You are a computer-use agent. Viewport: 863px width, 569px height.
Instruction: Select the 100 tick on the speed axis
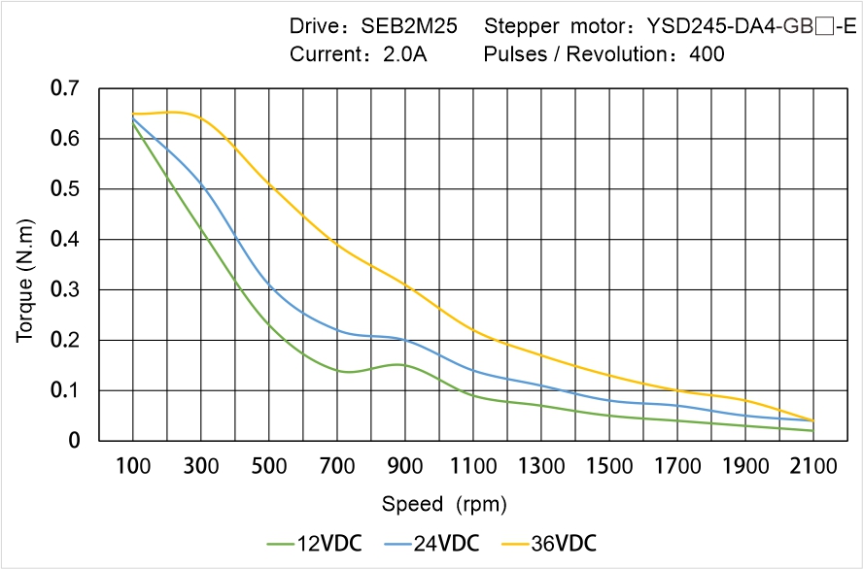[132, 466]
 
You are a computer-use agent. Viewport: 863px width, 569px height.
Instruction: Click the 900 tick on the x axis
[404, 466]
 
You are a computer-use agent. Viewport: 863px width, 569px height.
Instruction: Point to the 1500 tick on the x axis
[609, 466]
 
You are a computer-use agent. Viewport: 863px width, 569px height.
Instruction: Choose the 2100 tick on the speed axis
[813, 466]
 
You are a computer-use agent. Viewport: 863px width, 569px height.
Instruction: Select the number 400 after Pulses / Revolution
[707, 54]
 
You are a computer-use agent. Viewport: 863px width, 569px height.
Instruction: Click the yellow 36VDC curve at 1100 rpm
[473, 330]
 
